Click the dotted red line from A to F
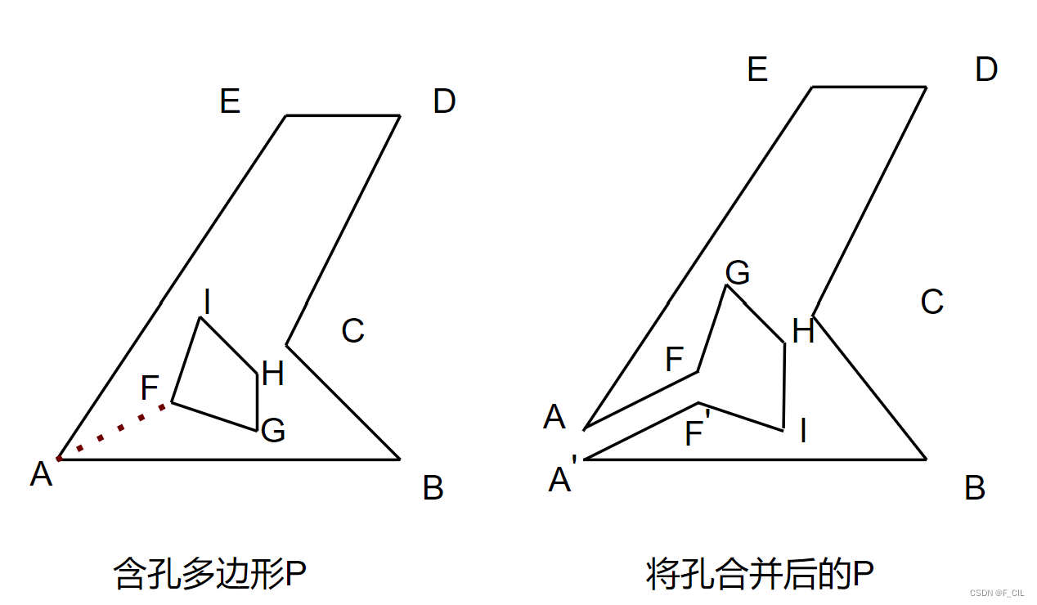(x=114, y=431)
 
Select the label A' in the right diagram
(x=562, y=478)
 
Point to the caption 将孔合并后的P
(x=760, y=574)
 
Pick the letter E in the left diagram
(x=230, y=102)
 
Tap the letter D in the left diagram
(x=444, y=102)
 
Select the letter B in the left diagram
(x=433, y=488)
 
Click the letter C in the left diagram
(x=352, y=331)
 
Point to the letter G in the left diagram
(x=273, y=430)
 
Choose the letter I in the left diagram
(x=207, y=303)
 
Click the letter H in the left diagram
(x=273, y=374)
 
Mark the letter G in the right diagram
(x=738, y=272)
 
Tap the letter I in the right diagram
(x=803, y=430)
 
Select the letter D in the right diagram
(x=986, y=70)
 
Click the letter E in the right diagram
(x=757, y=70)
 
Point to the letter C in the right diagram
(x=932, y=302)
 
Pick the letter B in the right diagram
(x=974, y=488)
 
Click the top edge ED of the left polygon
(x=343, y=116)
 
